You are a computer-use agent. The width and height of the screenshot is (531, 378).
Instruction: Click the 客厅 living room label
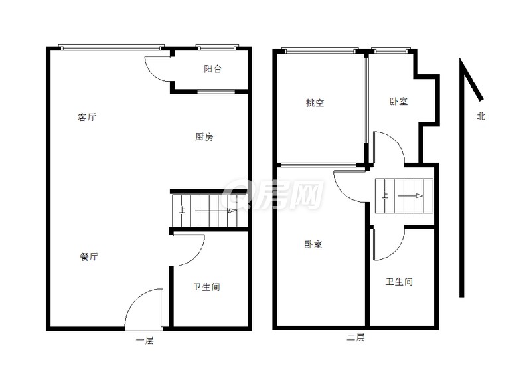(x=87, y=118)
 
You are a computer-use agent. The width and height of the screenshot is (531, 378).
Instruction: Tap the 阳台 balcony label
(x=213, y=69)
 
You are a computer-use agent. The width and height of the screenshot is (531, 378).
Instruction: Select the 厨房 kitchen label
(x=204, y=137)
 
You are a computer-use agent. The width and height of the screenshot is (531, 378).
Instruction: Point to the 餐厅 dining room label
(x=89, y=256)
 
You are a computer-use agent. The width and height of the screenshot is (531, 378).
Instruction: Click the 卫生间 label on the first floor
(x=206, y=287)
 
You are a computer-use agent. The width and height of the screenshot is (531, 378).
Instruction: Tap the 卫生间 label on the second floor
(x=399, y=282)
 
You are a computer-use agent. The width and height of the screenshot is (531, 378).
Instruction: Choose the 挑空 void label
(x=315, y=103)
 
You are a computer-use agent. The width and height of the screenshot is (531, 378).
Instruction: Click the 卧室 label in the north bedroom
(x=399, y=101)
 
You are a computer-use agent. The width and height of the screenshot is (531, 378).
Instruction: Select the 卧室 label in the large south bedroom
(x=313, y=244)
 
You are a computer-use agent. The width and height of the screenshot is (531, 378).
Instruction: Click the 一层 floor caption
(x=145, y=340)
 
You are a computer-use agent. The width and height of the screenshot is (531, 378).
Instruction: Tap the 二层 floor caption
(x=356, y=337)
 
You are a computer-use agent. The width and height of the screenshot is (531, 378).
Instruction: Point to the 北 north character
(x=481, y=116)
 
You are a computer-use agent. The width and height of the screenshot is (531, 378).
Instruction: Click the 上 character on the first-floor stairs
(x=182, y=210)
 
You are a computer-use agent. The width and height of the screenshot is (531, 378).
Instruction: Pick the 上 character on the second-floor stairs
(x=385, y=195)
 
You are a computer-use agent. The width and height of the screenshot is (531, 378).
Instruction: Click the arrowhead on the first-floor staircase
(x=232, y=211)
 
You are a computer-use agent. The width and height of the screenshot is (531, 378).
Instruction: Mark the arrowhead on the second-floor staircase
(x=419, y=195)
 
